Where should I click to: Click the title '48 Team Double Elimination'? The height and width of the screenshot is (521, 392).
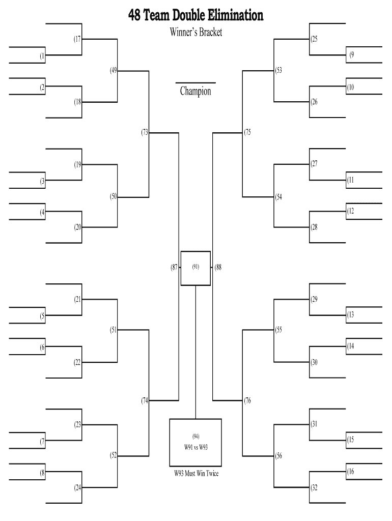pos(196,15)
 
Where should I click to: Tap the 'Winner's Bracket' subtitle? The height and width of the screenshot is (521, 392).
pos(196,33)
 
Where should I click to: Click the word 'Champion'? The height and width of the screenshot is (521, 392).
pos(195,92)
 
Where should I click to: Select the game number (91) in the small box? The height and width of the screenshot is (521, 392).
pos(195,267)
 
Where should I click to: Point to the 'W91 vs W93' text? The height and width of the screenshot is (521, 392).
pos(195,447)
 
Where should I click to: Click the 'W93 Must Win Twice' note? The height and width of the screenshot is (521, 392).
pos(196,474)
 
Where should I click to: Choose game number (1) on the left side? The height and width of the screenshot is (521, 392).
pos(42,56)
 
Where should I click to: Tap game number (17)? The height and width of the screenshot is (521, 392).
pos(77,39)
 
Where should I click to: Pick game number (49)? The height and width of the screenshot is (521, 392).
pos(113,71)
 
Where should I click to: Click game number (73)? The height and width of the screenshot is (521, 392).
pos(145,133)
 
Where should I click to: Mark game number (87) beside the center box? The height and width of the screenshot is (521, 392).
pos(174,267)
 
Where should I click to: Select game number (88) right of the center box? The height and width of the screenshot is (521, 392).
pos(218,267)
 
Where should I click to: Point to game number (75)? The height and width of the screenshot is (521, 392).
pos(247,133)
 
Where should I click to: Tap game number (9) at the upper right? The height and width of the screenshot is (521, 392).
pos(352,55)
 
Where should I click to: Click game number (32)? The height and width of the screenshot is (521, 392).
pos(314,487)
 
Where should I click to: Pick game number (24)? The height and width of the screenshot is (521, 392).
pos(77,487)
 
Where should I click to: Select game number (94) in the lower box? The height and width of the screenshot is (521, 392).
pos(195,436)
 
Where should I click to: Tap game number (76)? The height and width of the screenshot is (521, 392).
pos(247,401)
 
